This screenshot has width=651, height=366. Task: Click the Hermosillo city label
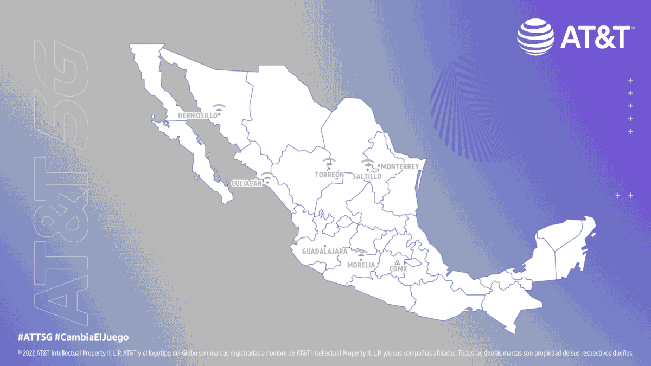(197, 115)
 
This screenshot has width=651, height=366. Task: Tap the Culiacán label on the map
(246, 183)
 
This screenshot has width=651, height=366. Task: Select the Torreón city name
(329, 175)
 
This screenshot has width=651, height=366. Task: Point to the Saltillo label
(367, 177)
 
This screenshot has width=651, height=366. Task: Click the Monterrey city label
(400, 167)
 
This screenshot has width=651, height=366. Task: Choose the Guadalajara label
(324, 252)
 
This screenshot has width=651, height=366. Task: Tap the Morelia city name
(361, 265)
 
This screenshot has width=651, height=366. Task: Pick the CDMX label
(398, 268)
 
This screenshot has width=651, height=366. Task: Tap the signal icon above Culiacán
(266, 176)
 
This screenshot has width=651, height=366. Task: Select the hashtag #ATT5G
(35, 337)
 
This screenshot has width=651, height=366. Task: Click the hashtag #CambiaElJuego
(92, 337)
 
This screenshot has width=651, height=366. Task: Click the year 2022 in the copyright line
(30, 353)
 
